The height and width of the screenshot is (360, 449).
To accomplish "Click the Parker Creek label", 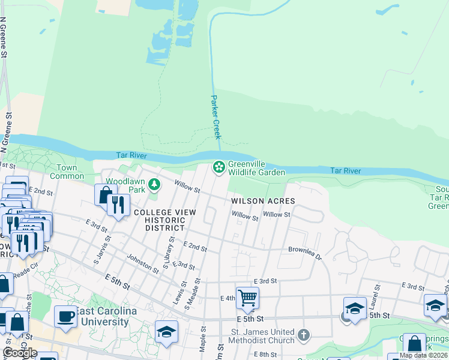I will coord(215,117).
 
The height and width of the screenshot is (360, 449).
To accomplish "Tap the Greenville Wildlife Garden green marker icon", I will coord(220,166).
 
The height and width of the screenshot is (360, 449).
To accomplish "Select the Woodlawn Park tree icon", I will coord(155,184).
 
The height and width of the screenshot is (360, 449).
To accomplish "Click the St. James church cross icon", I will coord(304,334).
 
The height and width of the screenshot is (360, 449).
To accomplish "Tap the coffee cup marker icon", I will coord(65,316).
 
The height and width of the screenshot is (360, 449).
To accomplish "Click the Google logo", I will coord(20,353).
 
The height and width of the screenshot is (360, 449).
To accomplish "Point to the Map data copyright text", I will coord(423,355).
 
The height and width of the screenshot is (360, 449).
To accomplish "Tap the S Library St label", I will coord(169,252).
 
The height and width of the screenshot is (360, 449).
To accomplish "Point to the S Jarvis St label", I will coord(100,254).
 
